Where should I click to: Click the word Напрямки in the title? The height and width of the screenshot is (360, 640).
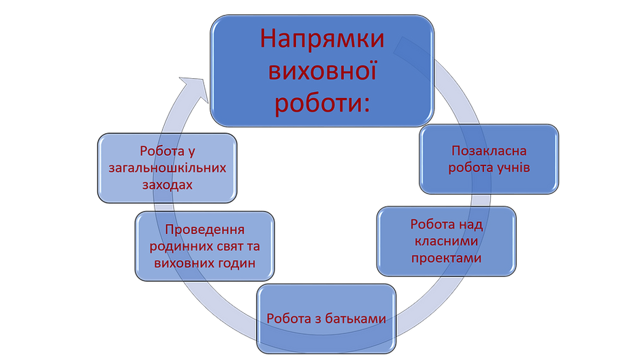(322, 39)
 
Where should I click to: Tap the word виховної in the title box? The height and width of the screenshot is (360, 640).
(322, 71)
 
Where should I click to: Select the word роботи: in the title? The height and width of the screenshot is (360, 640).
(322, 103)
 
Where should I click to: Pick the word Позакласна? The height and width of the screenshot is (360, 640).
(489, 150)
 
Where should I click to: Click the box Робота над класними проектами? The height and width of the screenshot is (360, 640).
(445, 242)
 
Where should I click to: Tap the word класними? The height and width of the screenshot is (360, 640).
(445, 241)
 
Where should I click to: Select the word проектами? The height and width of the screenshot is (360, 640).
(445, 258)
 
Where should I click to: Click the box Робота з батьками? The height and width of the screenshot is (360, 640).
(326, 318)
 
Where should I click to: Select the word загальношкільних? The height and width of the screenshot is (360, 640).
(167, 168)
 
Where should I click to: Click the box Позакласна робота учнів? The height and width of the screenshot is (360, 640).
(489, 159)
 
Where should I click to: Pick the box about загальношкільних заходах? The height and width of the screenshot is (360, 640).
(167, 168)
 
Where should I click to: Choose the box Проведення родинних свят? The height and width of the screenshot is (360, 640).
(204, 246)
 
